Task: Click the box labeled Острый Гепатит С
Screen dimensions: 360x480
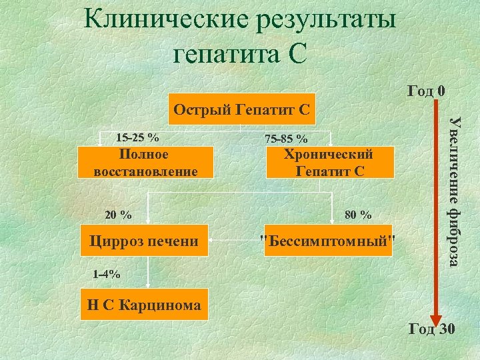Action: [241, 109]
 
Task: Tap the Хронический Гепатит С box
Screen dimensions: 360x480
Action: [329, 163]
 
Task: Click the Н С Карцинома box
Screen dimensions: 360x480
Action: [144, 305]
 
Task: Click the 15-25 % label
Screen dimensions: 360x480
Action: [137, 138]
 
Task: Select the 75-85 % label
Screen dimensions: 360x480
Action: [286, 139]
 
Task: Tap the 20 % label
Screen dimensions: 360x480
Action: [119, 215]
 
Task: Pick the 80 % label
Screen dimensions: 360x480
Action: [358, 215]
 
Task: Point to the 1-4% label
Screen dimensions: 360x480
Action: [107, 273]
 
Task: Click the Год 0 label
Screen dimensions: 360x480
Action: [425, 90]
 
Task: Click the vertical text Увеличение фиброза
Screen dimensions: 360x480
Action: [454, 189]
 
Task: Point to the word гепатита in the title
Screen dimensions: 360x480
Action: [220, 53]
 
